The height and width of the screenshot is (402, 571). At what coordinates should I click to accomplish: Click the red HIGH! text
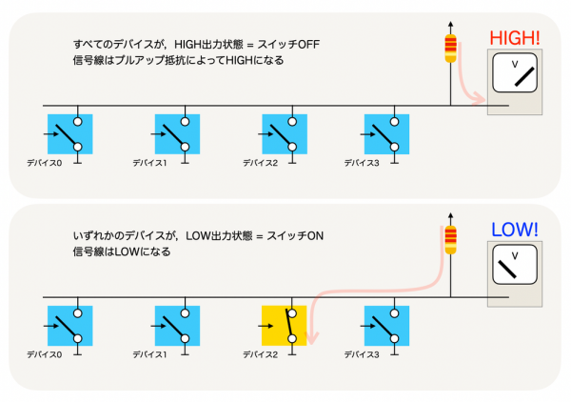pos(515,37)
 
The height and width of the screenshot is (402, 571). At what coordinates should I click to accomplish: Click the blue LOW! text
pos(515,230)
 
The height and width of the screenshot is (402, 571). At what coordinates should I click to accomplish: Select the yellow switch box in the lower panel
pos(284,326)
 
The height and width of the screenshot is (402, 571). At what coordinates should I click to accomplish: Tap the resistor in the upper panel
pos(450,49)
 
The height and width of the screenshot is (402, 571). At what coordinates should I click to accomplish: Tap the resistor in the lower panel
pos(450,240)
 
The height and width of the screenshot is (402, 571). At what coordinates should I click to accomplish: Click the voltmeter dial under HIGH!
pos(515,73)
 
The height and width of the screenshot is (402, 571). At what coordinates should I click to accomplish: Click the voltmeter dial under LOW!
pos(515,265)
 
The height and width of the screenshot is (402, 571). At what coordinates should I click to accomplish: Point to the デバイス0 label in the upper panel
pos(44,163)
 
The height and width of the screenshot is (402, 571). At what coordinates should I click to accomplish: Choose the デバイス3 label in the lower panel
pos(362,354)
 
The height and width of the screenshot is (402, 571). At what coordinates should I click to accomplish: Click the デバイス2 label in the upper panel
pos(260,163)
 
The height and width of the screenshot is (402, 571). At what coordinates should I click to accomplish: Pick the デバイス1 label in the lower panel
pos(149,354)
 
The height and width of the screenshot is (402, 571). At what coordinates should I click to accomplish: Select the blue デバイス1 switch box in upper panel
pos(177,134)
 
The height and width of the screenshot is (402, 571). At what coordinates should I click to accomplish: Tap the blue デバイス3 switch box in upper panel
pos(386,134)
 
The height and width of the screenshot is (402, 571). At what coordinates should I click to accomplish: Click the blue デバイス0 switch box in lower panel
pos(69,326)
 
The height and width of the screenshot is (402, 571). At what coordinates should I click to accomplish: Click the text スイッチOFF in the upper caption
pos(288,45)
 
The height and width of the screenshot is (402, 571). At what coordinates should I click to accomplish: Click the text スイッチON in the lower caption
pos(295,236)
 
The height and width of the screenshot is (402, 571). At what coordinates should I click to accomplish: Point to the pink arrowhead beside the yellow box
pos(311,338)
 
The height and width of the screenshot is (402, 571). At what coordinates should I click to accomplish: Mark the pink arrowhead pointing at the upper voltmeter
pos(479,99)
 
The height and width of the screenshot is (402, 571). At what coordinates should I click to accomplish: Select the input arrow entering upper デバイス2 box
pos(266,134)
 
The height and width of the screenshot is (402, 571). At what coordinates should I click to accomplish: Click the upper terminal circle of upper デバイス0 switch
pos(78,121)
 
